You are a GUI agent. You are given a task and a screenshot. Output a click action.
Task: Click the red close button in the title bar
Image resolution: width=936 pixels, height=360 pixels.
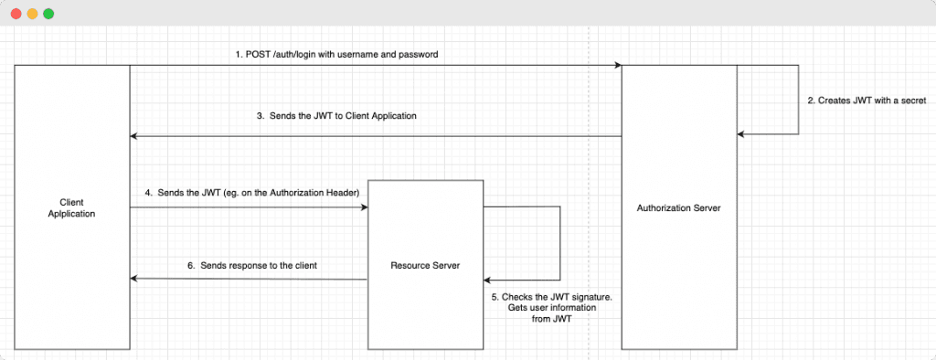point(16,14)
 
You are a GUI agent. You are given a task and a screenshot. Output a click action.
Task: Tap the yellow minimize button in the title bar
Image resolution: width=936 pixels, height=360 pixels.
point(32,14)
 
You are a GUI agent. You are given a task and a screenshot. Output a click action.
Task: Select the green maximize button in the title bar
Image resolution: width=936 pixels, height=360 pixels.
point(48,14)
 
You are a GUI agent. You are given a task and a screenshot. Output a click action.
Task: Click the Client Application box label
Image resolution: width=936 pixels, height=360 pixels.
point(72,207)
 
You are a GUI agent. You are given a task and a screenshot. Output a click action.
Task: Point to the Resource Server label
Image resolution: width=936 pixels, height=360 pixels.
point(425,265)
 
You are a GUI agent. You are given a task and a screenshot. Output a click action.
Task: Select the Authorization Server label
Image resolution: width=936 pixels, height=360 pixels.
point(678,208)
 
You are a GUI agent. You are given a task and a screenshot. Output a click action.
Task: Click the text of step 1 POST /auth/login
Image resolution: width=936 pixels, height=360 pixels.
point(335,54)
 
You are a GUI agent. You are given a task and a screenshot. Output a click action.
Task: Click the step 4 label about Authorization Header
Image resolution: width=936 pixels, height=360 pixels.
point(251,193)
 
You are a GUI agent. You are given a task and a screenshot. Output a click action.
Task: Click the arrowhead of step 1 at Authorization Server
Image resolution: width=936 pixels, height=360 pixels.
point(619,66)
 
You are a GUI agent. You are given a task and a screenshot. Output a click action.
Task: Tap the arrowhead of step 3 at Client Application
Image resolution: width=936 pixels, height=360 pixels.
point(133,136)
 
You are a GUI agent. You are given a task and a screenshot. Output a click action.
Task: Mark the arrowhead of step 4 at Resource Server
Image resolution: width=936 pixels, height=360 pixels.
point(364,207)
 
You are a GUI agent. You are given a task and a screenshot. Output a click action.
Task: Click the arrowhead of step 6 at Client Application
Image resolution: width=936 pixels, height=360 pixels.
point(133,279)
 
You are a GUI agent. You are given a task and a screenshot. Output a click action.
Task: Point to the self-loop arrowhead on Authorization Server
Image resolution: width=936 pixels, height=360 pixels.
point(741,134)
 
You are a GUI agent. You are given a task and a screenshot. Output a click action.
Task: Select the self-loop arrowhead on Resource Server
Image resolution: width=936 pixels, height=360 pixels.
point(488,280)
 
